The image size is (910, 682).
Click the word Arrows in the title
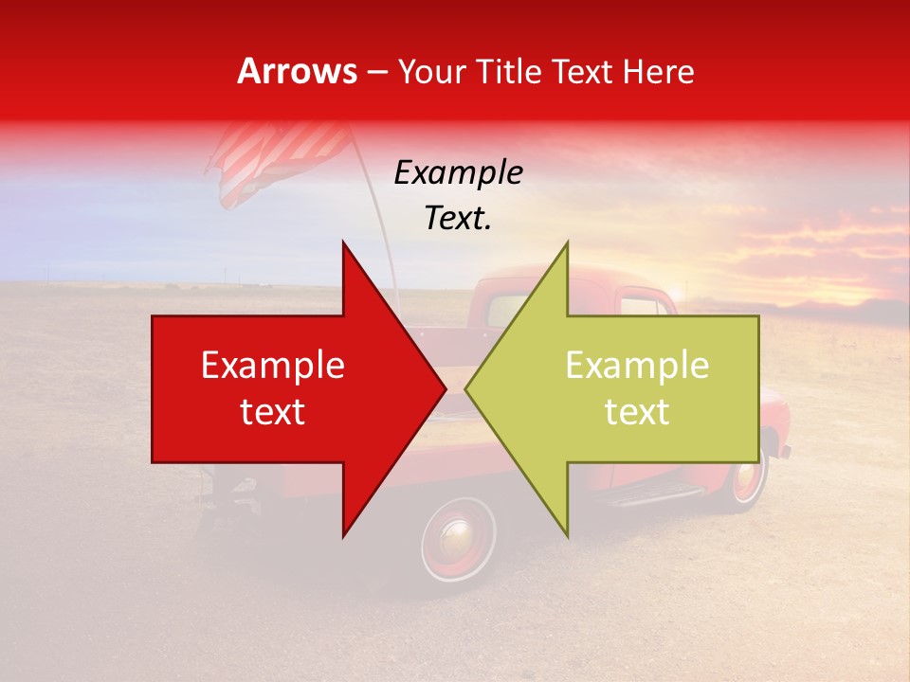coord(298,71)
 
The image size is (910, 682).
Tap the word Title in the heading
coord(510,71)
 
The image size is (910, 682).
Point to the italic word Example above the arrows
coord(459,173)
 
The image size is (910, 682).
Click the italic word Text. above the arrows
coord(459,219)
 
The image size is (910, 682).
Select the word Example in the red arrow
coord(273,366)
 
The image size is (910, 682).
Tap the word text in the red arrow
coord(273,412)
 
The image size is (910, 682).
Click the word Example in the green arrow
coord(637,366)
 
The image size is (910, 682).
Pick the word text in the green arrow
coord(637,412)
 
